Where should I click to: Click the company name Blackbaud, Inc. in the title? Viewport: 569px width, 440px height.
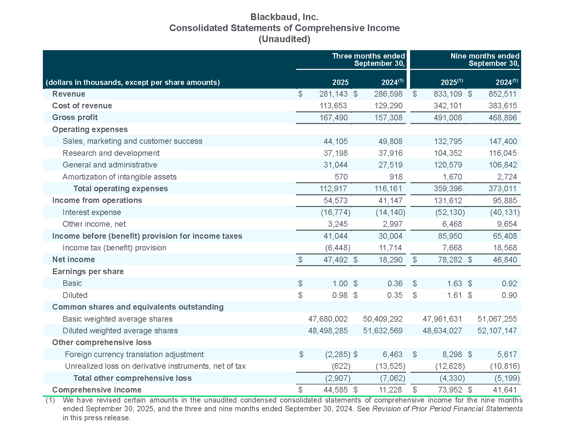[284, 17]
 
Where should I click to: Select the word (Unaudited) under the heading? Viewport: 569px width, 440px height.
[284, 39]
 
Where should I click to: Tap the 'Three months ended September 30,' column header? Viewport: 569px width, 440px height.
[369, 60]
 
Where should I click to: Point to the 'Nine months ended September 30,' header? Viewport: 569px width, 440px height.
[485, 60]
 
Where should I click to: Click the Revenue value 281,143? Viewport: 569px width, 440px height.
[333, 94]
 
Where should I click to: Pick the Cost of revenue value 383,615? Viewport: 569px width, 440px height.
[503, 106]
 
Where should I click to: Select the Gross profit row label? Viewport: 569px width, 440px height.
[75, 117]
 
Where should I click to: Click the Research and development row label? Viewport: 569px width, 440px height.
[111, 153]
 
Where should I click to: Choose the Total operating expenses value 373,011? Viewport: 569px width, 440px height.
[503, 189]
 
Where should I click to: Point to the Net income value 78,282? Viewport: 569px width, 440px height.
[450, 260]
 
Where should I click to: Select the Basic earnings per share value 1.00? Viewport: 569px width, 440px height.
[340, 284]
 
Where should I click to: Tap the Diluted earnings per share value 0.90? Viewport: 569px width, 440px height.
[509, 295]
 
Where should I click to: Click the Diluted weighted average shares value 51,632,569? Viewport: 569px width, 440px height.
[383, 331]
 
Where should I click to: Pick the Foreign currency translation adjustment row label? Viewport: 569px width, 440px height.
[134, 354]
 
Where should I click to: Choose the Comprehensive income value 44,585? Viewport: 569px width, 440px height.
[336, 390]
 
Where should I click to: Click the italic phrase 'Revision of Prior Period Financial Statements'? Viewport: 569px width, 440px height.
[448, 409]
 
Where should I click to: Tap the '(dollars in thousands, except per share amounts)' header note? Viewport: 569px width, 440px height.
[133, 83]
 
